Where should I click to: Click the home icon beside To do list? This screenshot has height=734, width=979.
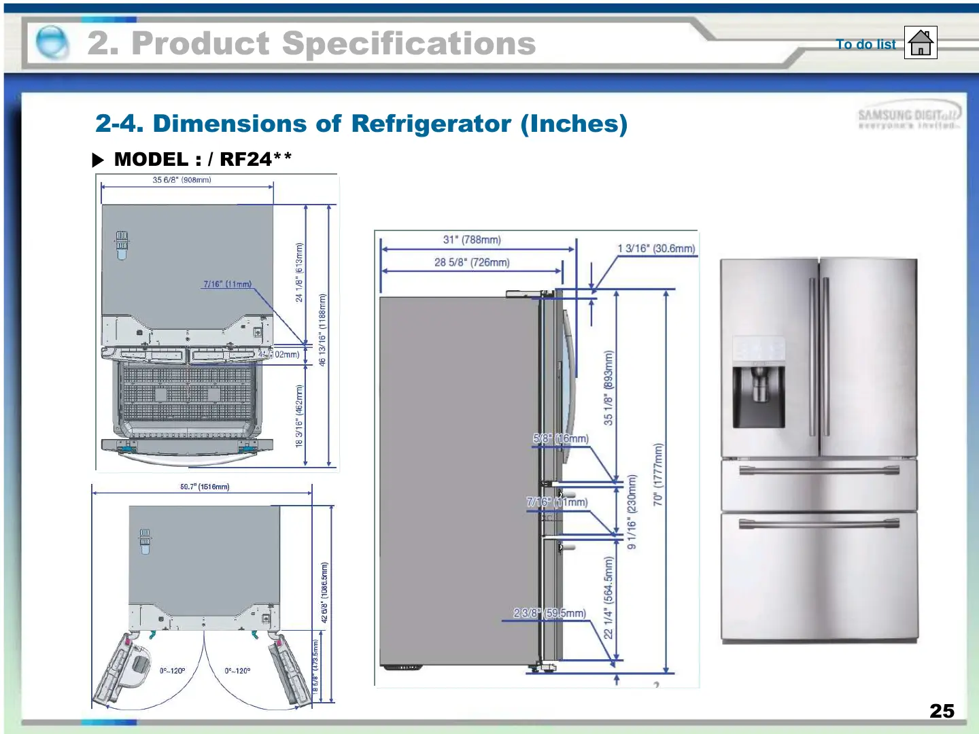[x=921, y=43]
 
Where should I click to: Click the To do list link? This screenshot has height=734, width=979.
[x=865, y=44]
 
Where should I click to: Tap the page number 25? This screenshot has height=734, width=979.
[x=942, y=711]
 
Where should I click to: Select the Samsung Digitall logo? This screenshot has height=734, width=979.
[x=908, y=118]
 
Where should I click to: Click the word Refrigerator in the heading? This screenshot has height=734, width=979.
[x=431, y=124]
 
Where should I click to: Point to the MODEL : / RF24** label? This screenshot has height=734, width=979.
[x=203, y=159]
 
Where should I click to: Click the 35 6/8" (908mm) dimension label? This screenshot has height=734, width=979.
[x=182, y=180]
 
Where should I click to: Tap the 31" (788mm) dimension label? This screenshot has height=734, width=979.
[x=472, y=240]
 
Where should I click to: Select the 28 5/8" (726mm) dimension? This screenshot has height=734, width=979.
[x=472, y=262]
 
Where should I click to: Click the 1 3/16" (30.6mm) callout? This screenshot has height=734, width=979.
[x=656, y=249]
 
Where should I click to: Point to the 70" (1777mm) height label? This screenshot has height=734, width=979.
[x=657, y=474]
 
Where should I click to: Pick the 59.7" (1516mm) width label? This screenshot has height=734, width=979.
[x=205, y=487]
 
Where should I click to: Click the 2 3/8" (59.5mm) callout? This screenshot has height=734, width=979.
[x=549, y=613]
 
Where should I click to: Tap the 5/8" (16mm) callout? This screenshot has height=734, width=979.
[x=561, y=439]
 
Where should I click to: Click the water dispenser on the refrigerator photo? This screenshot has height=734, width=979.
[x=759, y=394]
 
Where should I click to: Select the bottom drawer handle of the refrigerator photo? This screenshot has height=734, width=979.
[x=819, y=523]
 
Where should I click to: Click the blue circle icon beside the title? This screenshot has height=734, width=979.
[x=52, y=42]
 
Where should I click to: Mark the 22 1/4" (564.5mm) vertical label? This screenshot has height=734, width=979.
[x=608, y=597]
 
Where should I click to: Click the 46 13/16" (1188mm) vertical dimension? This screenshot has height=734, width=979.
[x=322, y=330]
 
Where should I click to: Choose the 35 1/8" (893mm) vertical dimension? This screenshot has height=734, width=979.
[x=608, y=387]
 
